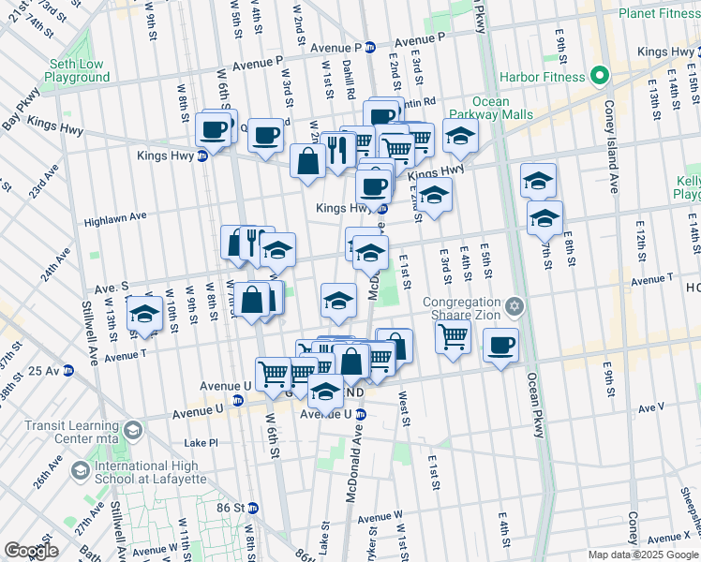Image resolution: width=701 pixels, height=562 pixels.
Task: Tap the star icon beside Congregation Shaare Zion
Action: [514, 307]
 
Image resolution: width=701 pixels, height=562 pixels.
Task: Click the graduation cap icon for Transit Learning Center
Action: [132, 431]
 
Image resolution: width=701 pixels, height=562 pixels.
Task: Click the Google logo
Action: [32, 550]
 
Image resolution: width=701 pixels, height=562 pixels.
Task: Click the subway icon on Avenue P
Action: [370, 47]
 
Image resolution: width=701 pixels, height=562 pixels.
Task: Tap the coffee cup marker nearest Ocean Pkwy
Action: [500, 346]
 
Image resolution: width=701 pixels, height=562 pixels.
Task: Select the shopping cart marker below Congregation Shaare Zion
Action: [453, 334]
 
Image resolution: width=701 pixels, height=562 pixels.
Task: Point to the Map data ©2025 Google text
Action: [643, 554]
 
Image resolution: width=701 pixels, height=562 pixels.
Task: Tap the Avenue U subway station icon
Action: [361, 414]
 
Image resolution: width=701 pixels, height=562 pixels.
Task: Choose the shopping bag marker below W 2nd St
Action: [308, 161]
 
